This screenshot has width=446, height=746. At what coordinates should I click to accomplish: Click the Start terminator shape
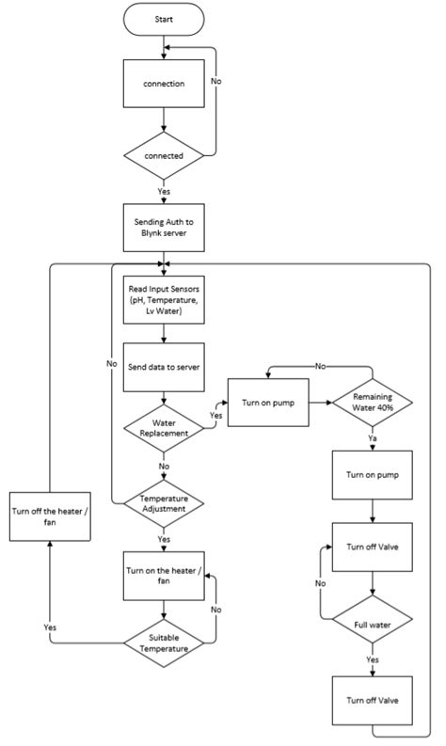click(164, 17)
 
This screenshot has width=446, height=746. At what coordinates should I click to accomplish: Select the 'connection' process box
click(164, 84)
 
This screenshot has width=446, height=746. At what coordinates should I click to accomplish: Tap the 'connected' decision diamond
click(164, 153)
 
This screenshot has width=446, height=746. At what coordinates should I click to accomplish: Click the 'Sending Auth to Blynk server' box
click(164, 227)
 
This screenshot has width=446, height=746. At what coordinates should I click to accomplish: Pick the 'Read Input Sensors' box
click(164, 299)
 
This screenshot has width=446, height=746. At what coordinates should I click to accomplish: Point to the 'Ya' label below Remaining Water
click(374, 437)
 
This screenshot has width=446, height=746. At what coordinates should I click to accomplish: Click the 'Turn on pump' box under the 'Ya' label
click(374, 475)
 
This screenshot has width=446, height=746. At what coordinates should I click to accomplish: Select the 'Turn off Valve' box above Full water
click(374, 547)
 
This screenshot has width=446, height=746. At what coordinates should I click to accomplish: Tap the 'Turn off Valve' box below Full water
click(374, 702)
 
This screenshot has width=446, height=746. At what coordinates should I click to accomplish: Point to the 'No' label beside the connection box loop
click(215, 82)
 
